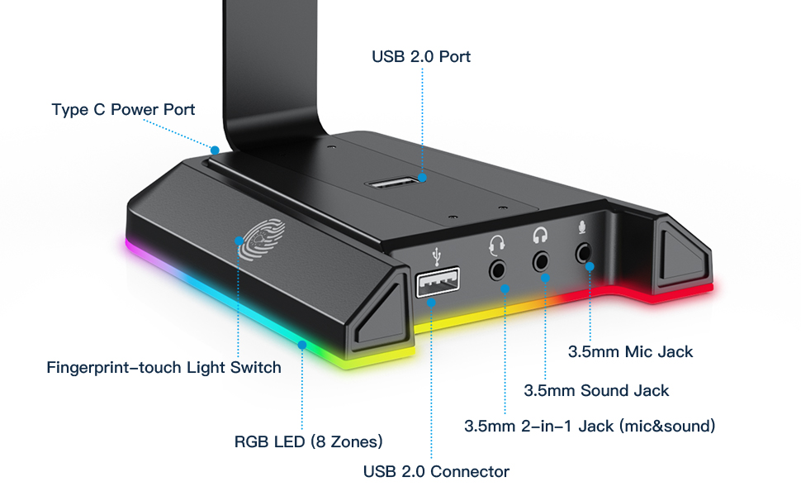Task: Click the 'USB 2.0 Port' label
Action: (x=421, y=56)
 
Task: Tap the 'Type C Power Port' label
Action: (x=123, y=109)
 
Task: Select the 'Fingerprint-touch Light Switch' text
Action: (x=164, y=368)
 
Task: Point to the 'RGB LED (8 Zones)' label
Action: (x=309, y=441)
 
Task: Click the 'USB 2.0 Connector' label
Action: (x=436, y=471)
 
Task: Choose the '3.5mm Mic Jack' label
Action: (x=630, y=352)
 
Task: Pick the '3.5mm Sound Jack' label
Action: (x=596, y=391)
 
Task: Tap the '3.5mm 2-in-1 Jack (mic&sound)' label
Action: (x=590, y=426)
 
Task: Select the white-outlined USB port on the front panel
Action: (x=438, y=282)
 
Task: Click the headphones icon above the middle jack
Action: (x=540, y=236)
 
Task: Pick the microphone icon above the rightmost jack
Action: (x=582, y=227)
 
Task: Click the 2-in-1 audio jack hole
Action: (x=497, y=269)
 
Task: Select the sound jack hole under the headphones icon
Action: (x=541, y=262)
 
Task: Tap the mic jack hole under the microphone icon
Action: (x=583, y=253)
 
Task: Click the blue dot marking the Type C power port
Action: (x=215, y=150)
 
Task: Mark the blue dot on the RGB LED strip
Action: (x=302, y=346)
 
